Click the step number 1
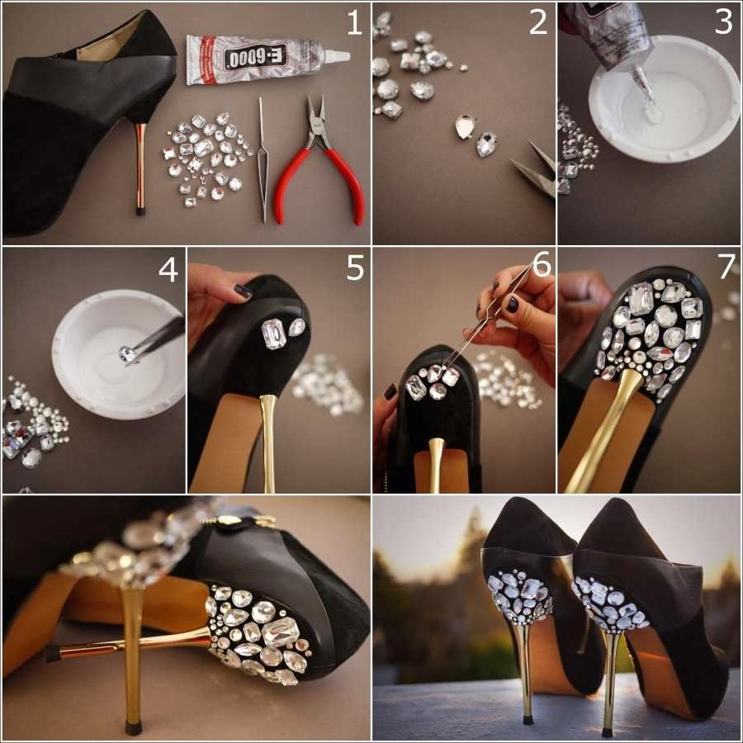[x=354, y=23]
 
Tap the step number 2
[x=538, y=23]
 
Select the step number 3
[x=723, y=23]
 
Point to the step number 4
[x=168, y=270]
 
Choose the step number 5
[x=355, y=267]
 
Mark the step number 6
[x=542, y=264]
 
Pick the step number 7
[x=726, y=267]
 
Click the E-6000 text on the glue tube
[x=255, y=57]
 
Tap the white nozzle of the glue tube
[x=337, y=55]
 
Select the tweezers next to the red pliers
[x=262, y=159]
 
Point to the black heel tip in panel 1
[x=140, y=211]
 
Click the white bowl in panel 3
[x=664, y=98]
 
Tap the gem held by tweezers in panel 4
[x=126, y=353]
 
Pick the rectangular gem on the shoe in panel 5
[x=273, y=334]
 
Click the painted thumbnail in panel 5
[x=243, y=291]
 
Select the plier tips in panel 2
[x=534, y=168]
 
